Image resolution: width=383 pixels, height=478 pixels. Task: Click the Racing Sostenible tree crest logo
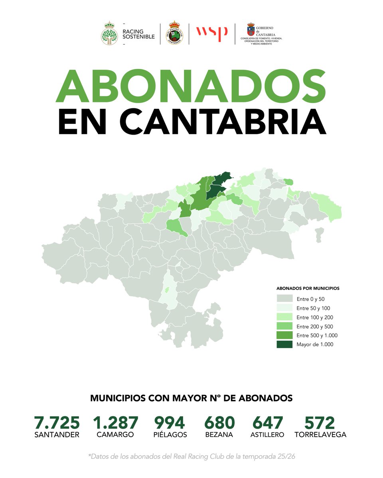click(109, 33)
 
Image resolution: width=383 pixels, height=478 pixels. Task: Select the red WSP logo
click(211, 33)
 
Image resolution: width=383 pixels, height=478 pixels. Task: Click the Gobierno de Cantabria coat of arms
click(251, 31)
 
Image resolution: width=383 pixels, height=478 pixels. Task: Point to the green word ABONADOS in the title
click(191, 86)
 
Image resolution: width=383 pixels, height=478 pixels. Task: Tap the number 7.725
click(57, 423)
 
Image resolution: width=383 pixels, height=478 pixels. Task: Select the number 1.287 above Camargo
click(115, 423)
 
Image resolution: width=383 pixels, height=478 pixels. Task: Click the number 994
click(170, 423)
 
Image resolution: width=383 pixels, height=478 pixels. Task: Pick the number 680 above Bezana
click(220, 423)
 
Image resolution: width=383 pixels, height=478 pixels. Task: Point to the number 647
click(268, 423)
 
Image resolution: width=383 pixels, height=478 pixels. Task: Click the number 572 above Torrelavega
click(320, 423)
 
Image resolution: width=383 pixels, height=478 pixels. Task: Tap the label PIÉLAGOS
click(170, 435)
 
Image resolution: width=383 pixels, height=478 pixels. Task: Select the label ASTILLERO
click(267, 435)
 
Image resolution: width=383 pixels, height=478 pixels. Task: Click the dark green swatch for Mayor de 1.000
click(284, 344)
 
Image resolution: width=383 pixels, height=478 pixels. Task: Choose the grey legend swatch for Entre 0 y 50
click(284, 298)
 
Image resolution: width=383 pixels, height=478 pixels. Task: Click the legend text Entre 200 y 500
click(315, 326)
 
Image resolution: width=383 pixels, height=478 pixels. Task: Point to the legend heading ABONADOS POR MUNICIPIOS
click(308, 288)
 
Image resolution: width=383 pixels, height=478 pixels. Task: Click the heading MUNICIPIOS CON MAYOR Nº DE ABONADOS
click(191, 398)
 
